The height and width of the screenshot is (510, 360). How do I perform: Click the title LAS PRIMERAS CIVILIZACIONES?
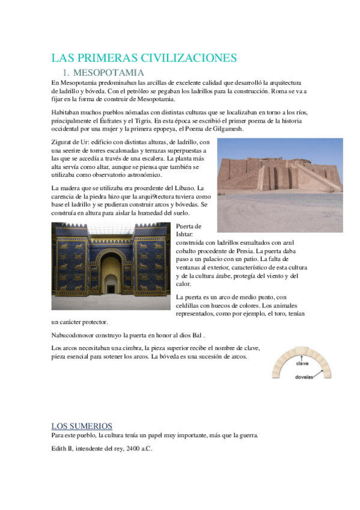pyautogui.click(x=144, y=58)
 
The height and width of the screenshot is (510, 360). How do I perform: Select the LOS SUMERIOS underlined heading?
pyautogui.click(x=82, y=426)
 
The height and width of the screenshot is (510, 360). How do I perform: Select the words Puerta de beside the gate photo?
pyautogui.click(x=189, y=226)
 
